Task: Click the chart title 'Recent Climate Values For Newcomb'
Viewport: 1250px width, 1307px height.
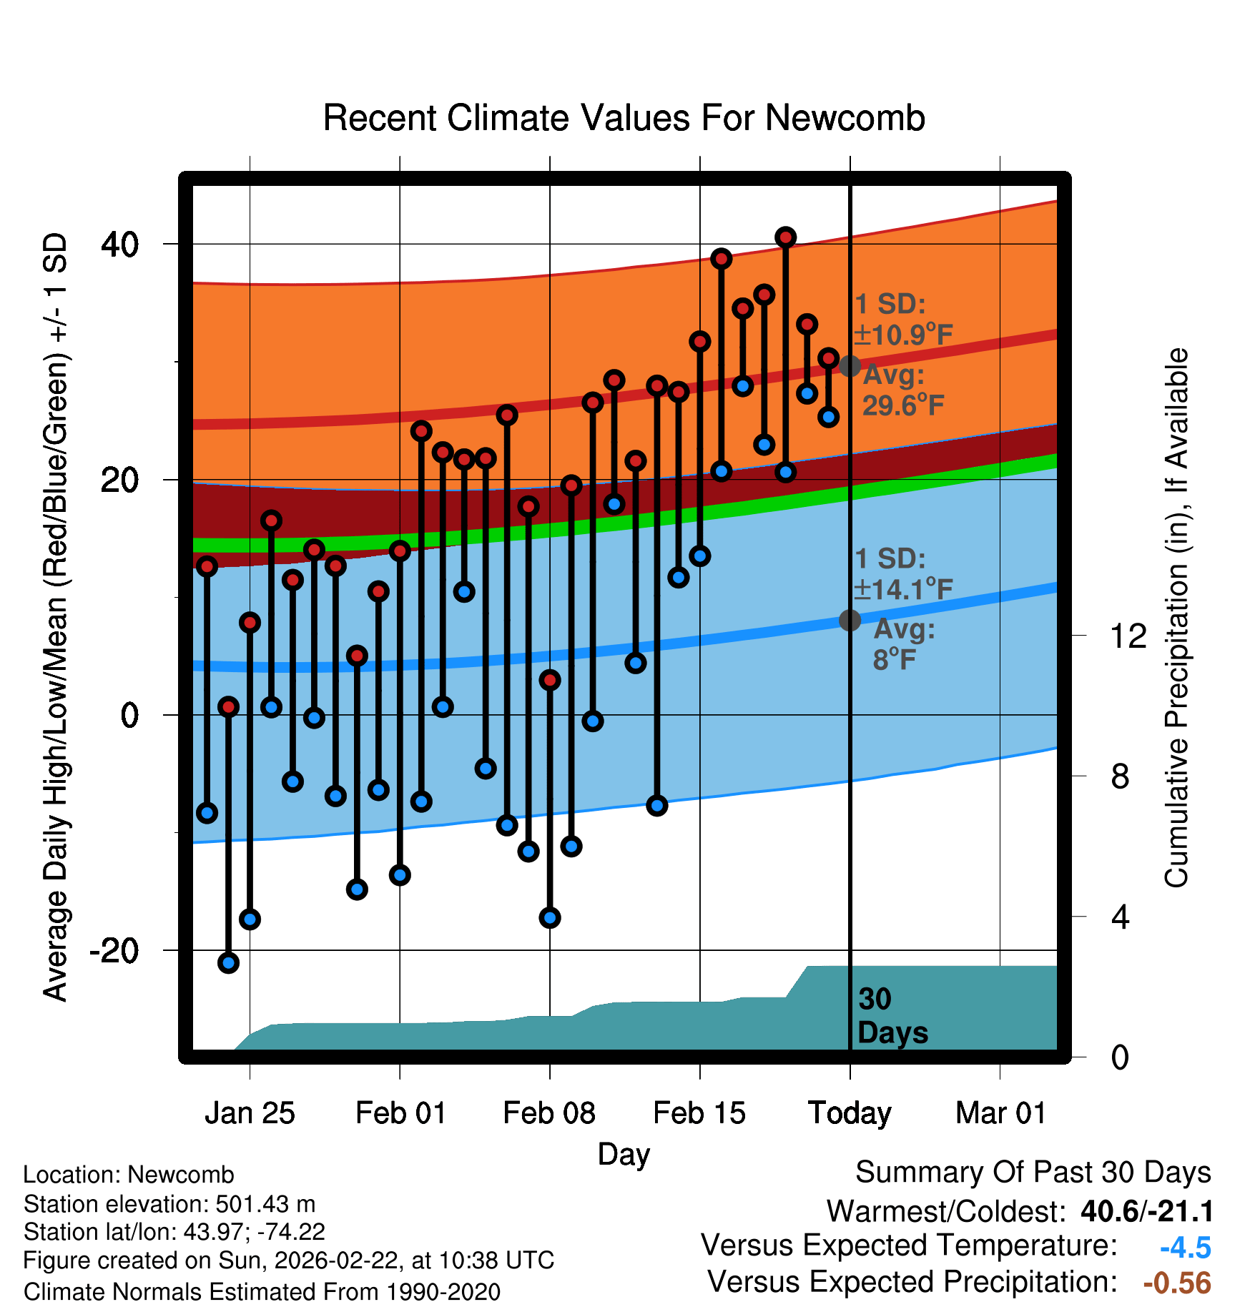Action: point(624,118)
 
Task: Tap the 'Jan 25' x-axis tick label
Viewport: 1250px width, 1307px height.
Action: point(250,1113)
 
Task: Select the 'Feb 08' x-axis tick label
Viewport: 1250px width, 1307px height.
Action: point(549,1113)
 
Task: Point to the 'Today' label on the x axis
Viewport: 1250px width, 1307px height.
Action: point(850,1113)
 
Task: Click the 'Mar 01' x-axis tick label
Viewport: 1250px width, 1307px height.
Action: point(1000,1113)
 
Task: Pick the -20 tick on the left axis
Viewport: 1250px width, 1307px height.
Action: point(114,951)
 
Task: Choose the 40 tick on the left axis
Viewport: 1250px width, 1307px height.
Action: point(120,245)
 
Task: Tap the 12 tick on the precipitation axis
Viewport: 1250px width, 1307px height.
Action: point(1128,636)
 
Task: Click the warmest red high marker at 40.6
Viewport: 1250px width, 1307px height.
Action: point(786,237)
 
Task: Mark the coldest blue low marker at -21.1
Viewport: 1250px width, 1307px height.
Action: point(228,962)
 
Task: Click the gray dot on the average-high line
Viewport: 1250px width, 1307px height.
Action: point(850,366)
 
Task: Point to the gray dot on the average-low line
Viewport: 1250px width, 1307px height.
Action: point(850,620)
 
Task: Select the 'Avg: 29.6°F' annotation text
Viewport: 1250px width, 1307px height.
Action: point(902,390)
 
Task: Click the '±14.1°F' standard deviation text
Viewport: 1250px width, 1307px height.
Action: point(902,590)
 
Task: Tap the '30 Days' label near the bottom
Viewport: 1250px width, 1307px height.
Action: point(892,1016)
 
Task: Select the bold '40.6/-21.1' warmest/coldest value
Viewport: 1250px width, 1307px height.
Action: point(1147,1211)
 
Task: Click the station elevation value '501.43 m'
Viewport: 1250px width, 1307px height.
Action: point(265,1204)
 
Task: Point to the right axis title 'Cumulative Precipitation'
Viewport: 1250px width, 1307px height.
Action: point(1176,618)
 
